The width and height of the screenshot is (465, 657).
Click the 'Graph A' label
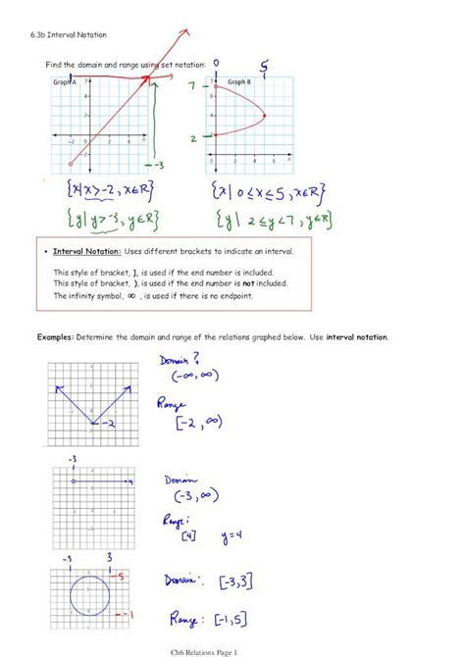pos(65,82)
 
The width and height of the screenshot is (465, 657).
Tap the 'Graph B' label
pos(239,82)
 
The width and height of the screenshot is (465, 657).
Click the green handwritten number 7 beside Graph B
pos(193,87)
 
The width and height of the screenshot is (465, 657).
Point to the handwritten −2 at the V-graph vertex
pos(111,423)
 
